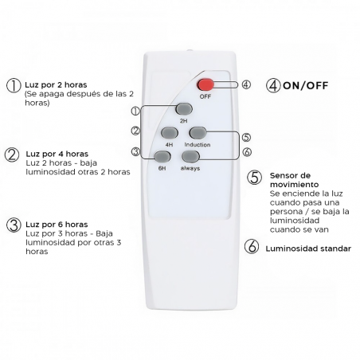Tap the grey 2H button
(184, 109)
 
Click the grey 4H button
(170, 133)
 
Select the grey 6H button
(162, 157)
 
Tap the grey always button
(190, 156)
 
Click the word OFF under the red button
(205, 96)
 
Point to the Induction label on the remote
(198, 145)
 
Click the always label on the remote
(190, 168)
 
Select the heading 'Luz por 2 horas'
(56, 85)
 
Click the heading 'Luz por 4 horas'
(57, 154)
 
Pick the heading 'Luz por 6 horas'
(57, 225)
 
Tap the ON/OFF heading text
(305, 85)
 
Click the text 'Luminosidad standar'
(308, 248)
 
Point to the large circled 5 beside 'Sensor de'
(254, 178)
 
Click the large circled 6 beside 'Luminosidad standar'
(252, 246)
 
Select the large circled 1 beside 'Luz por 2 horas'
(14, 85)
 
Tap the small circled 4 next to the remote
(246, 84)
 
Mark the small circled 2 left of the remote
(135, 131)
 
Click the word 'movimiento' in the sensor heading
(294, 185)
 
